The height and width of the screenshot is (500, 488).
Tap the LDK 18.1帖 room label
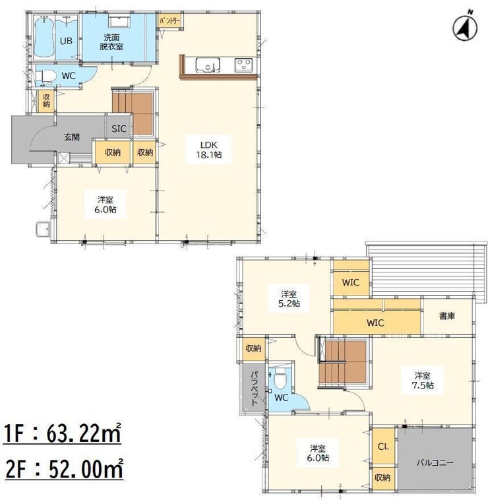click(x=209, y=150)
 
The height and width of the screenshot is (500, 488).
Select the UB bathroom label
click(x=66, y=41)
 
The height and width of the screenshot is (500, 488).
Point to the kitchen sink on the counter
click(x=208, y=65)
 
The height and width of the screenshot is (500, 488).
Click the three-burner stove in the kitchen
click(x=243, y=65)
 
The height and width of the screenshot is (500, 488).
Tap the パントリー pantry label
click(x=170, y=22)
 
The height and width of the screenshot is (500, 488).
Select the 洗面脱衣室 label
click(x=111, y=42)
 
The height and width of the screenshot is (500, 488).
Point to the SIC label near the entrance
click(x=119, y=129)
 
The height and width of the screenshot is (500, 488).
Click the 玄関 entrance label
click(x=72, y=137)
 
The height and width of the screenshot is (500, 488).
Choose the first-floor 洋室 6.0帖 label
click(x=106, y=204)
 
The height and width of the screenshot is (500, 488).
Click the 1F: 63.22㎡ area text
click(x=62, y=433)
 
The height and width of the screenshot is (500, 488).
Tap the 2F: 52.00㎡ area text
click(x=63, y=469)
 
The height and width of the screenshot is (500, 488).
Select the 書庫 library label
click(x=447, y=316)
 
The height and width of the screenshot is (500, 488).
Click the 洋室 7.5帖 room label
click(x=423, y=381)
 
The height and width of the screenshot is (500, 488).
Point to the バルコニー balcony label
click(x=435, y=462)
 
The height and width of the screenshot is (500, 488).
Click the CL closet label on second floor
click(x=383, y=447)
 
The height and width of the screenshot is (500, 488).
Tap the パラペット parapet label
click(x=255, y=388)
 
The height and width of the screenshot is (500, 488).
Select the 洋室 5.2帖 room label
click(x=289, y=298)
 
